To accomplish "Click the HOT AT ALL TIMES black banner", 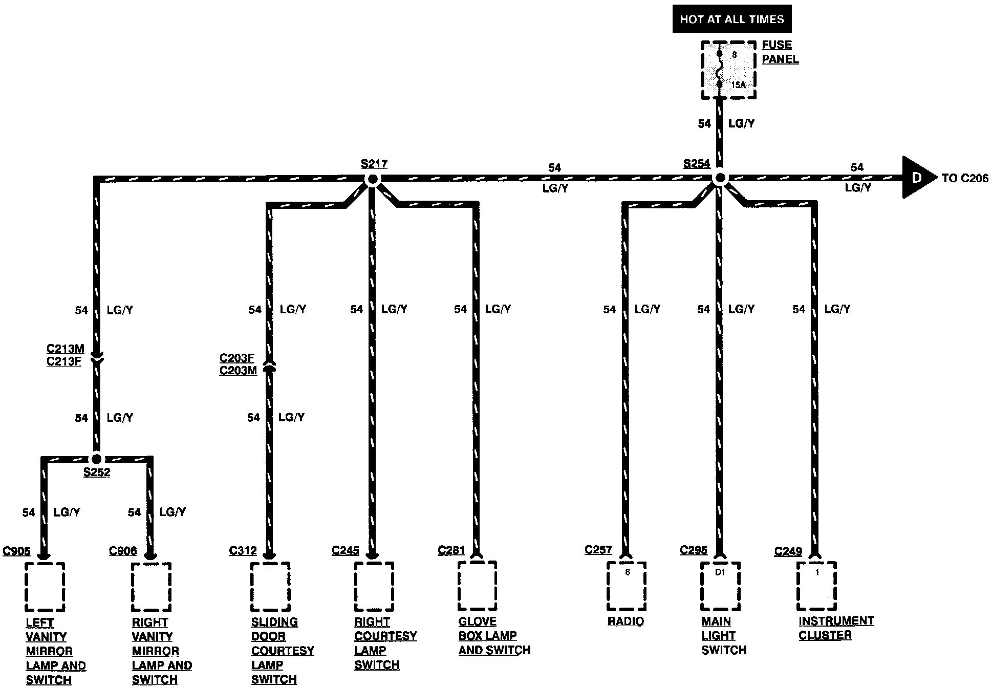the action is (731, 19).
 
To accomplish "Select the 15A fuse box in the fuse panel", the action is (728, 70).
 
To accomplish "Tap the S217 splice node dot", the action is (373, 179).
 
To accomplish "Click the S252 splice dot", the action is (96, 459).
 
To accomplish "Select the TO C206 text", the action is (965, 178).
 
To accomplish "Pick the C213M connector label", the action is (65, 349).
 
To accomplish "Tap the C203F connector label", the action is (237, 358).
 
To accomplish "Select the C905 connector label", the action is (17, 551).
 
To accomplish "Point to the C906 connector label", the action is (123, 551).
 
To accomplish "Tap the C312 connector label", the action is (243, 551).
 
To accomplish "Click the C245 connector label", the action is (346, 551).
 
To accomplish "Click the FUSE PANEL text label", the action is (780, 52).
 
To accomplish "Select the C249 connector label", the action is (788, 552).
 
